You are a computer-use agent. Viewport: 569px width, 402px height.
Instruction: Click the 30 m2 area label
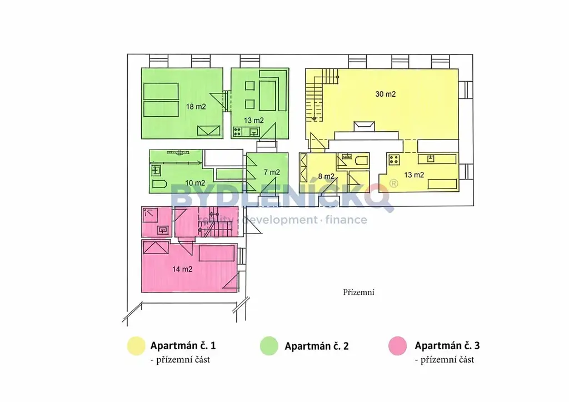point(386,94)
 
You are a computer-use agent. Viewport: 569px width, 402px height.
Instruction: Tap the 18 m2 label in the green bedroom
point(196,107)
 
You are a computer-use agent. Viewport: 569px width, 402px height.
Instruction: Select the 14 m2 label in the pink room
point(182,269)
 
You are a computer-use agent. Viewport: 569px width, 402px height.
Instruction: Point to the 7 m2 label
point(272,172)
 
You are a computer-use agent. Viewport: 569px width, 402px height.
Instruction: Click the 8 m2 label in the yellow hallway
point(326,176)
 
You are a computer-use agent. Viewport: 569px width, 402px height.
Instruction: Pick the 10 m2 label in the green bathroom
point(195,183)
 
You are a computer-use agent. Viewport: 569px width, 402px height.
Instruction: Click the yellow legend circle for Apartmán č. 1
point(136,346)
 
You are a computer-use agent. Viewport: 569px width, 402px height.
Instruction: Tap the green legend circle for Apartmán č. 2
point(269,346)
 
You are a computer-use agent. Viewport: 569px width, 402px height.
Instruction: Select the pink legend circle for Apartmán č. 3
point(397,346)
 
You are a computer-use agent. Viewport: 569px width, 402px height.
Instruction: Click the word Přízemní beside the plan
point(358,292)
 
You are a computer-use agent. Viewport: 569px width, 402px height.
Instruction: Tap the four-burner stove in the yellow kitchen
point(394,160)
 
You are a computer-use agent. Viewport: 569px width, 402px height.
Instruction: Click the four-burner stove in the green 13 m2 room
point(238,131)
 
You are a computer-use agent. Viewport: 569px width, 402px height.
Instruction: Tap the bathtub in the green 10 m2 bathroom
point(159,183)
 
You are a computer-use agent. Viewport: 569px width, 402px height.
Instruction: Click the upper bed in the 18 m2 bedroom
point(161,92)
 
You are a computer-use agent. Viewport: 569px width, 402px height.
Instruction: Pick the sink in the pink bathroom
point(163,230)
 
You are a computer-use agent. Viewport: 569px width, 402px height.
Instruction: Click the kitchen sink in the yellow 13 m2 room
point(431,158)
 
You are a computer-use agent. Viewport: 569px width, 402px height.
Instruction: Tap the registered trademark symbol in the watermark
point(393,183)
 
